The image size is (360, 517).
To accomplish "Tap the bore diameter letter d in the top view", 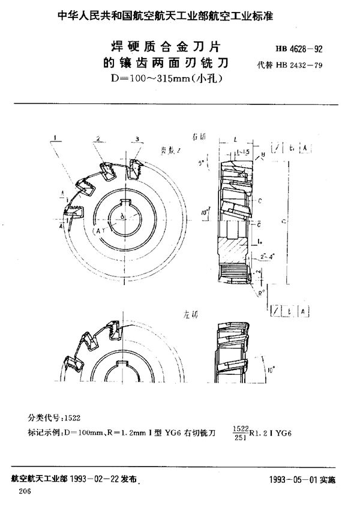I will tap(122, 214).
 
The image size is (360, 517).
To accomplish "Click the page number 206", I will tap(25, 491).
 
